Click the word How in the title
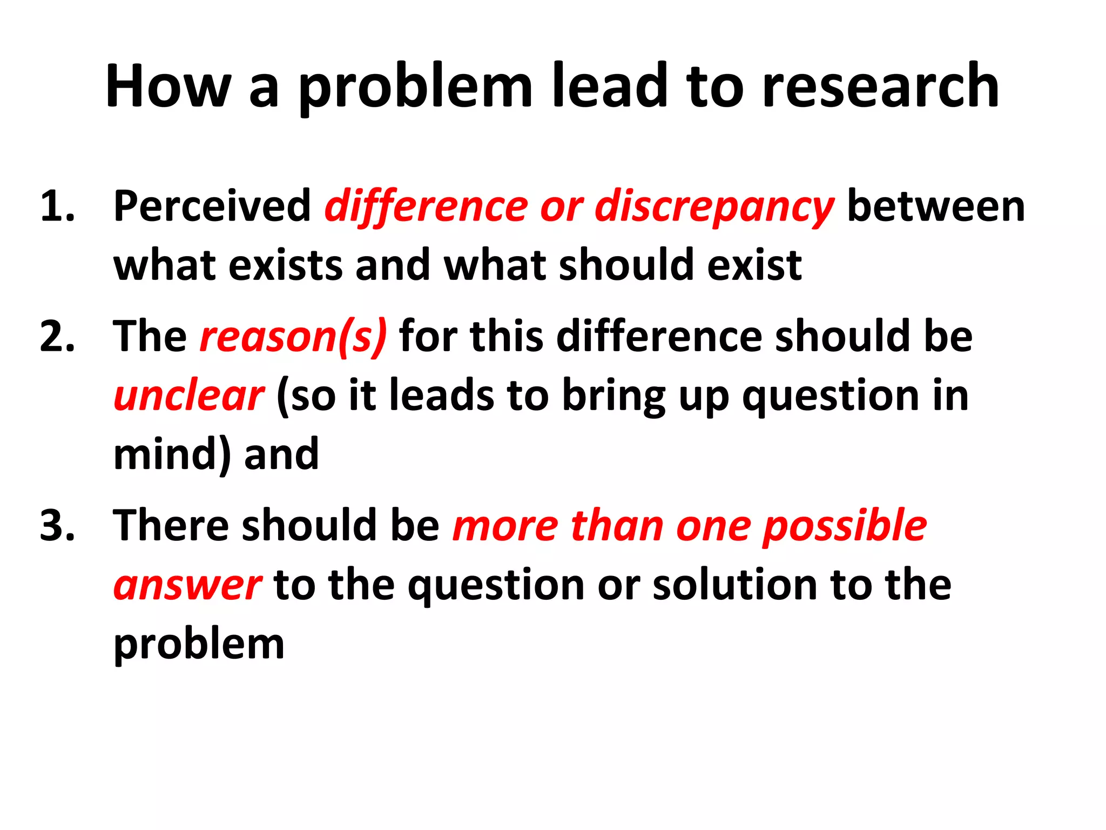pyautogui.click(x=168, y=86)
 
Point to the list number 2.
pyautogui.click(x=57, y=336)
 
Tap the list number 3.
pyautogui.click(x=57, y=525)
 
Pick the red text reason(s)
pyautogui.click(x=293, y=337)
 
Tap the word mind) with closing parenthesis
pyautogui.click(x=172, y=455)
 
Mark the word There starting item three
pyautogui.click(x=171, y=525)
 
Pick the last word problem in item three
pyautogui.click(x=199, y=645)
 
